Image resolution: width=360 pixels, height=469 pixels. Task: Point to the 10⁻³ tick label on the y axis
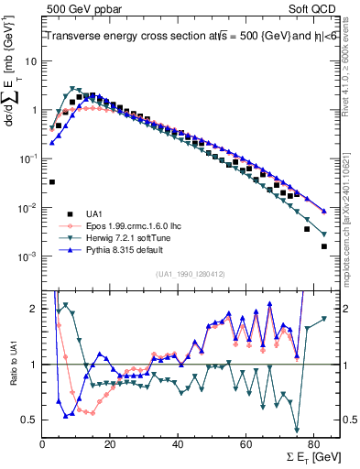click(29, 256)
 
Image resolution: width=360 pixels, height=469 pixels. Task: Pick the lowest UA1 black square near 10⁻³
click(324, 246)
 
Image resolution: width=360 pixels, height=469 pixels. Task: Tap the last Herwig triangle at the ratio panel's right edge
click(323, 320)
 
